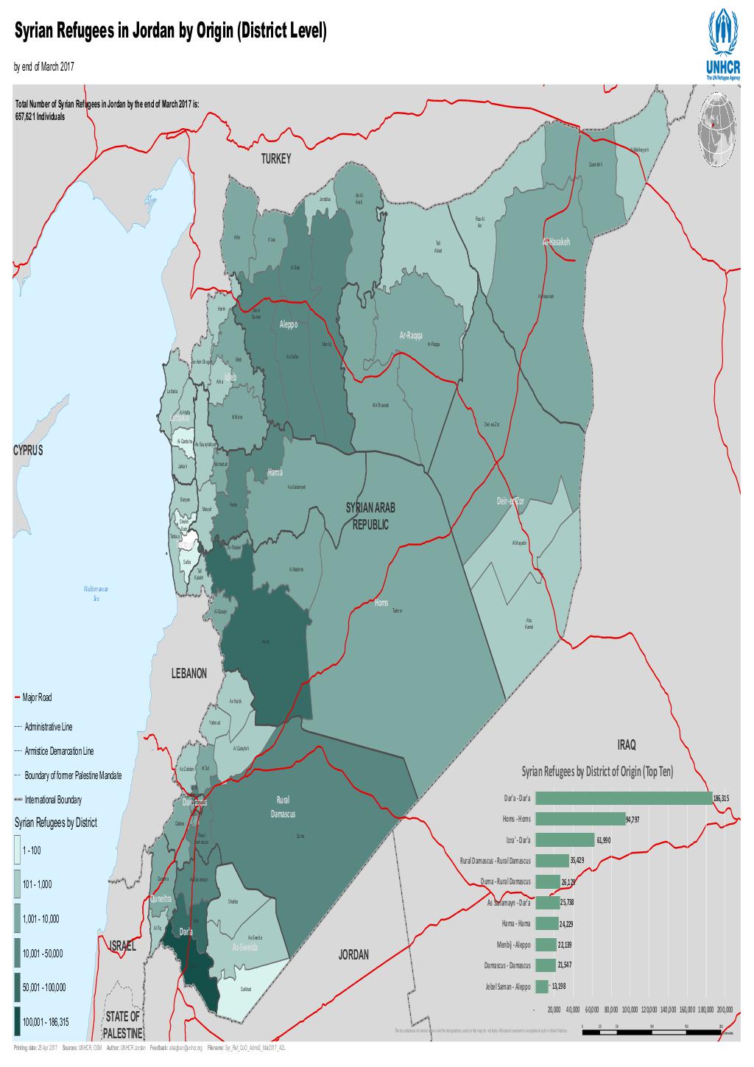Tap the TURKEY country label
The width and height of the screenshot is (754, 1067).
click(x=277, y=159)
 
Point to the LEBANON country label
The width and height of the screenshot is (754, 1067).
click(x=189, y=673)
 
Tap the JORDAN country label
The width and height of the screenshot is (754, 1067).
click(x=353, y=955)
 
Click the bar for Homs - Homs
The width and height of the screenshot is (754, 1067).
click(x=580, y=819)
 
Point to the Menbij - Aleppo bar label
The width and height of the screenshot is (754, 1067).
click(x=514, y=945)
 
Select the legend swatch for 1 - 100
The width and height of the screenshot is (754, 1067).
click(x=16, y=850)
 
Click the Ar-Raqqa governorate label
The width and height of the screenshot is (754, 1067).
click(x=410, y=336)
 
